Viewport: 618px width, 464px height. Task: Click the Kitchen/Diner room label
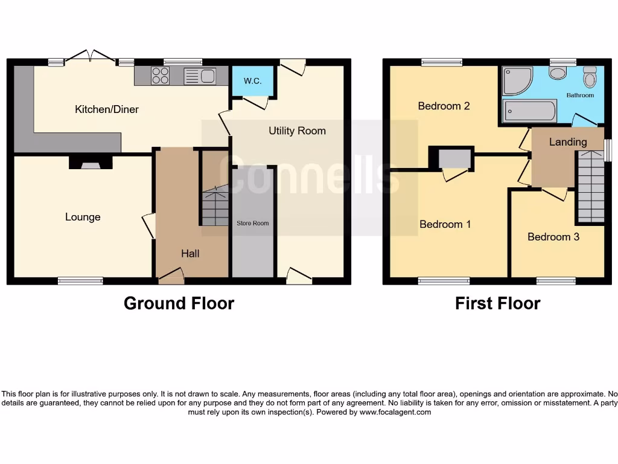tap(107, 109)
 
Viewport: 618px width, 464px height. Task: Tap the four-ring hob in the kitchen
tap(161, 76)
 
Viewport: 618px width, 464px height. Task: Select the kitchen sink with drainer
tap(200, 76)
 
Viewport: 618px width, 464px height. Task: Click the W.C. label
tap(252, 81)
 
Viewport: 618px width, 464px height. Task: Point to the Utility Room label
tap(298, 130)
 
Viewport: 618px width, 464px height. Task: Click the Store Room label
tap(252, 224)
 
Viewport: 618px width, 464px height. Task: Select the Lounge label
tap(83, 217)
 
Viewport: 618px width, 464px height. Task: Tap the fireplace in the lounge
tap(90, 162)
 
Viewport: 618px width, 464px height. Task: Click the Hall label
tap(190, 254)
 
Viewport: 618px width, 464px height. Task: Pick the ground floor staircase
tap(215, 205)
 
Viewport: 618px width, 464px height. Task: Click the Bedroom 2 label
tap(444, 106)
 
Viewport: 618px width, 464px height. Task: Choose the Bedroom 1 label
tap(445, 224)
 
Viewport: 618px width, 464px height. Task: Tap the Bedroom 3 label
tap(553, 237)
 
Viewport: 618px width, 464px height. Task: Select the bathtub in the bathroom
tap(530, 111)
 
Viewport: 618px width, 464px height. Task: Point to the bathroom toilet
tap(590, 77)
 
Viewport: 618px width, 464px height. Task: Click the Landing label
tap(568, 142)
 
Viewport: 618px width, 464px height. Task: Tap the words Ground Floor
tap(179, 303)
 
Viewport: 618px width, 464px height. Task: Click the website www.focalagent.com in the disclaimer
tap(395, 412)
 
